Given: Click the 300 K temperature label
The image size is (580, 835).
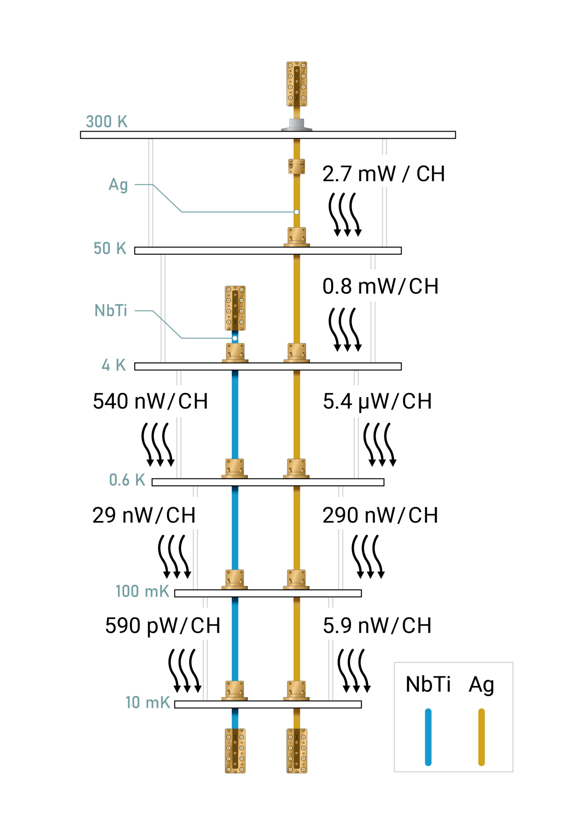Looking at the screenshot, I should coord(107,121).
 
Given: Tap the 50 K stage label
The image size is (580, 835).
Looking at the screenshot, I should coord(110,248).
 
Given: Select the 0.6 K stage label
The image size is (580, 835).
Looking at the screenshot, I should coord(127,480).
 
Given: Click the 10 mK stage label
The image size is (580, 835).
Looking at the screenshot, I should coord(148,702).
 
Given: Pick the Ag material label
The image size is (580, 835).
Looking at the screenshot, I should coord(118,185).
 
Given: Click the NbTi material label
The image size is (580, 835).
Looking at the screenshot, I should coord(111,311).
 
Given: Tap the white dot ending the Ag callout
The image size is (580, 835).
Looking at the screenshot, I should coord(297,212).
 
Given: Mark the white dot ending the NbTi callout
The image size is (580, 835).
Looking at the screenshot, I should coord(235,338).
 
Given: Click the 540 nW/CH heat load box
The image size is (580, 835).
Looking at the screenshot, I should coord(143,401).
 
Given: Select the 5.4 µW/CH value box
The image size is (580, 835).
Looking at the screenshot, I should coord(373,401).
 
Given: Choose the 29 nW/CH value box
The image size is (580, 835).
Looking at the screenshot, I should coord(143,513).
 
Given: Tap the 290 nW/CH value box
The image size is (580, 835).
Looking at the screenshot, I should coord(373,513).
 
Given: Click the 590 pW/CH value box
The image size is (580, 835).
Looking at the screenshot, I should coord(163,624).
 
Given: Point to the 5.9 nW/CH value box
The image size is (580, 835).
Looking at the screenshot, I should coord(373,624).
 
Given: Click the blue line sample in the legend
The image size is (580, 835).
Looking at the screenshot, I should coord(428,737).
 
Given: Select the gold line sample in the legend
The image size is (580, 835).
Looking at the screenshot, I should coord(481,737).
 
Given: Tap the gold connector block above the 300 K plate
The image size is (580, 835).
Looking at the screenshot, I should coord(297,84).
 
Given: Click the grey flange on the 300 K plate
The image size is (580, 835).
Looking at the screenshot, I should coord(297,125).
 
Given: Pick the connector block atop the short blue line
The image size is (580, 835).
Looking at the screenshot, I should coord(235,308).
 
